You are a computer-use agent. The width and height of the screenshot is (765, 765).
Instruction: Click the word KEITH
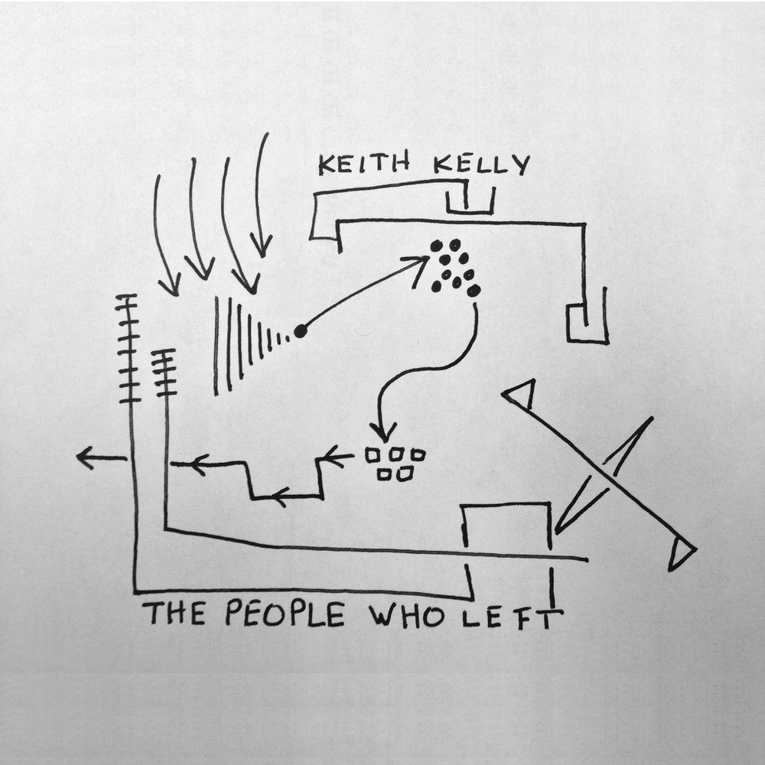[364, 165]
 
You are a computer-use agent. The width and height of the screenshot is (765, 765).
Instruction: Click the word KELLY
[481, 165]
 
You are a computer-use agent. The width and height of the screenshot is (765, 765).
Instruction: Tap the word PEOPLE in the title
[285, 614]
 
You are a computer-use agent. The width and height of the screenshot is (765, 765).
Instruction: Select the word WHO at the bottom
[406, 615]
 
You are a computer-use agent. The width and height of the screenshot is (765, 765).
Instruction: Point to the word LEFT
[513, 617]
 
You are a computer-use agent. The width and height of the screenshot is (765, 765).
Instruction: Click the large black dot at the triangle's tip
[301, 331]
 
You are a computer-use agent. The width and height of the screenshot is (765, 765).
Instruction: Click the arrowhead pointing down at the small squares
[383, 431]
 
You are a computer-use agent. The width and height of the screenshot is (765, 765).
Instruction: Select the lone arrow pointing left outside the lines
[102, 458]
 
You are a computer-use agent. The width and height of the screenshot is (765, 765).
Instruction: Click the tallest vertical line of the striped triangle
[216, 346]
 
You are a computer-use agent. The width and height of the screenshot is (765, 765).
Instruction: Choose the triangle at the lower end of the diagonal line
[682, 554]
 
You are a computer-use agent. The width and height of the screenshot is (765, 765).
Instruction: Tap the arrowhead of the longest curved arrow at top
[262, 245]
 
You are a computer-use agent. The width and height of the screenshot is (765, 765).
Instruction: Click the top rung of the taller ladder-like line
[126, 296]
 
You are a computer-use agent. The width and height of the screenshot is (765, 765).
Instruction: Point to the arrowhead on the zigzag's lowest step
[281, 497]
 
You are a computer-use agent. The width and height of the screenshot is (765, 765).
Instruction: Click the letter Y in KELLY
[522, 166]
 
